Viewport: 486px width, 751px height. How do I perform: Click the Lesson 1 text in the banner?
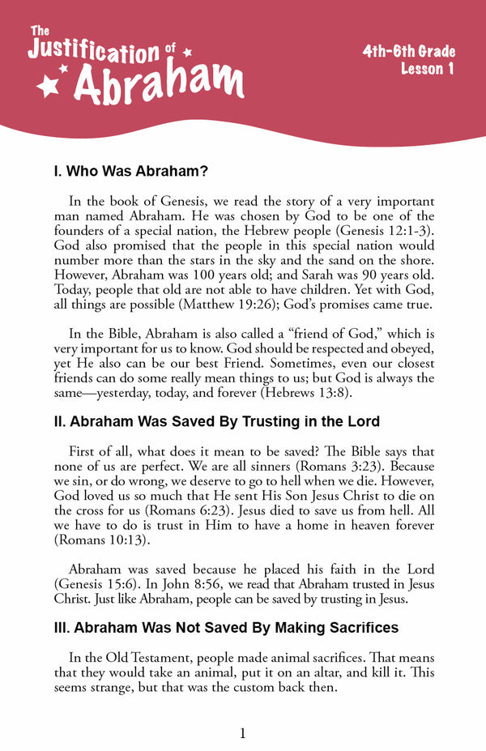427,70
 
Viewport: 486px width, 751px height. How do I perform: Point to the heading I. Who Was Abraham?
130,172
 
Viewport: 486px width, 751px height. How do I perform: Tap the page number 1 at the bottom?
242,733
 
